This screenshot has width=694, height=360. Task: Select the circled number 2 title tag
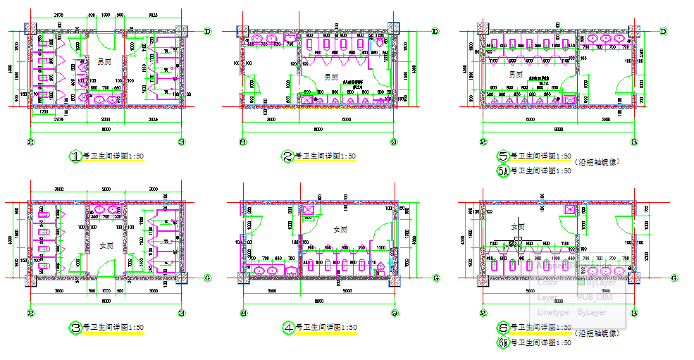click(x=287, y=156)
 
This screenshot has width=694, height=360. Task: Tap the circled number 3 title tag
click(x=76, y=328)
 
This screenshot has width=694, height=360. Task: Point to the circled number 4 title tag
click(x=288, y=328)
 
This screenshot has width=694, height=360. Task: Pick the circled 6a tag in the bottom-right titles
click(x=503, y=342)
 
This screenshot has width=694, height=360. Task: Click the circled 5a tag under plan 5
click(x=503, y=171)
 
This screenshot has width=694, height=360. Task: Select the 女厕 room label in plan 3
click(x=106, y=246)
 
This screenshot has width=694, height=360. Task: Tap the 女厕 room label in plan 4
click(x=340, y=228)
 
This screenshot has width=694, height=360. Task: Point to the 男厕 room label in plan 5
click(x=515, y=73)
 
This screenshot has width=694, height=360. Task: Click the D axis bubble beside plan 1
click(x=208, y=32)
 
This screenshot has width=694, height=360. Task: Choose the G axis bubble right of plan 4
click(x=435, y=278)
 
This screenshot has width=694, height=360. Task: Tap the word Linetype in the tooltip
click(x=552, y=311)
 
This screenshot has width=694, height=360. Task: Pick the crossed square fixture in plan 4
click(x=307, y=209)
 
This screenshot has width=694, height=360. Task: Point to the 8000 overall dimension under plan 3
click(x=106, y=302)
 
